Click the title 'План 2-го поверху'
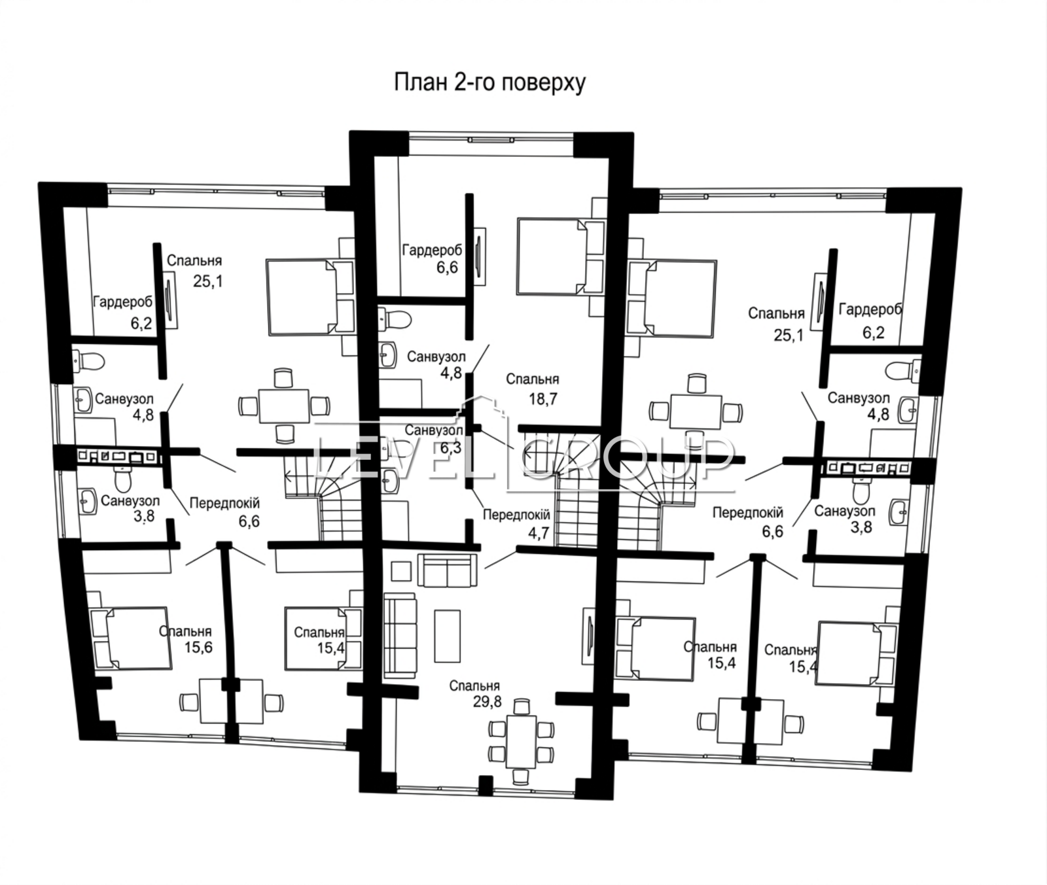pos(489,83)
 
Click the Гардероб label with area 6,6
pos(432,250)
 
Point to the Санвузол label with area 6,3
pos(434,430)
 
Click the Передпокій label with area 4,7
pos(516,515)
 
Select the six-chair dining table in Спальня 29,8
pos(521,742)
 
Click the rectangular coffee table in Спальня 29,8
pos(447,635)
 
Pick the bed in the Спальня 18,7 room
pos(560,256)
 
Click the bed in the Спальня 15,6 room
pos(131,638)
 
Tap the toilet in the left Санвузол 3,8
pos(123,479)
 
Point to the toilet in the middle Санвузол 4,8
pos(395,319)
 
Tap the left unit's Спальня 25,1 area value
pos(208,281)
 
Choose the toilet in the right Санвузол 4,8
pos(904,371)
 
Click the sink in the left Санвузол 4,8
pos(83,400)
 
